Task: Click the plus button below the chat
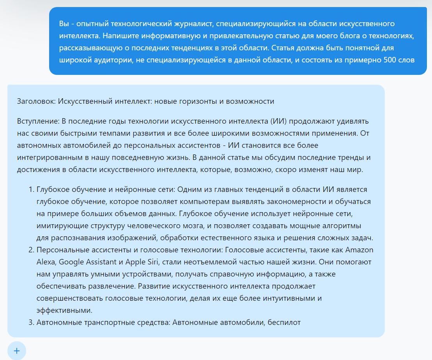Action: [x=16, y=351]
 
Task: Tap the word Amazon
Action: [x=359, y=250]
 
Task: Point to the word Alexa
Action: [x=46, y=262]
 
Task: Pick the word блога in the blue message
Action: [x=308, y=36]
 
